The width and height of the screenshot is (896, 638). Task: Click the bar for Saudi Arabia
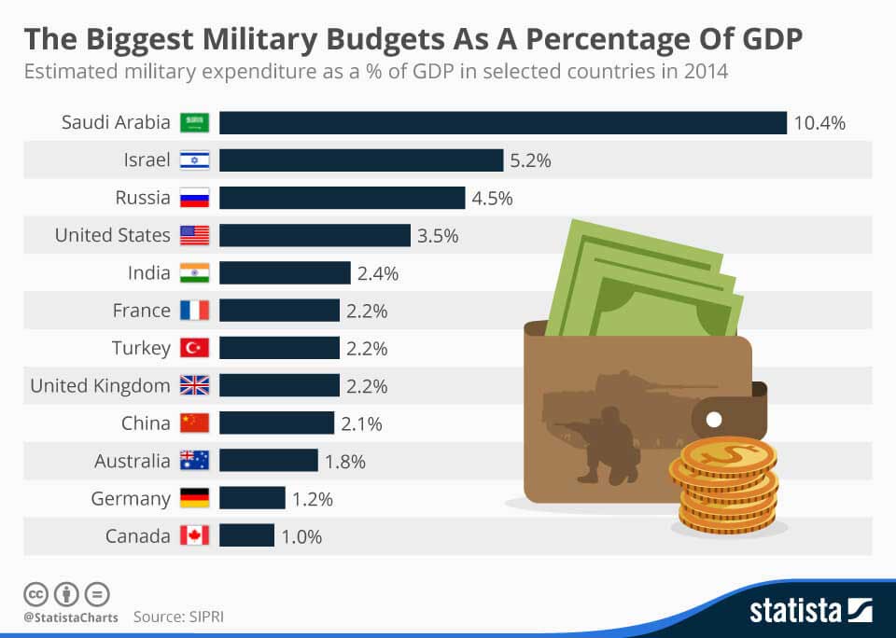pos(503,123)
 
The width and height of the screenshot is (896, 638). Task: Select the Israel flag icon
pos(195,160)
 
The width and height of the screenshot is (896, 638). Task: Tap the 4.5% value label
pos(492,198)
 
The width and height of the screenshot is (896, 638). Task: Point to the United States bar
pos(315,235)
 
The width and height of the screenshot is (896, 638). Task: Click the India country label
pos(149,273)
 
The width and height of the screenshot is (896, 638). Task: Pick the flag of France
pos(195,311)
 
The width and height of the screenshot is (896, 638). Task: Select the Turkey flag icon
pos(195,348)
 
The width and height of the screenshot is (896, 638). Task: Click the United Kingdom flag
pos(195,385)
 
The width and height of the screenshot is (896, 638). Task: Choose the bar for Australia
pos(269,461)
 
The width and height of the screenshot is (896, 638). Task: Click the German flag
pos(195,498)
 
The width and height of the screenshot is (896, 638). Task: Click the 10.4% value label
pos(819,123)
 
